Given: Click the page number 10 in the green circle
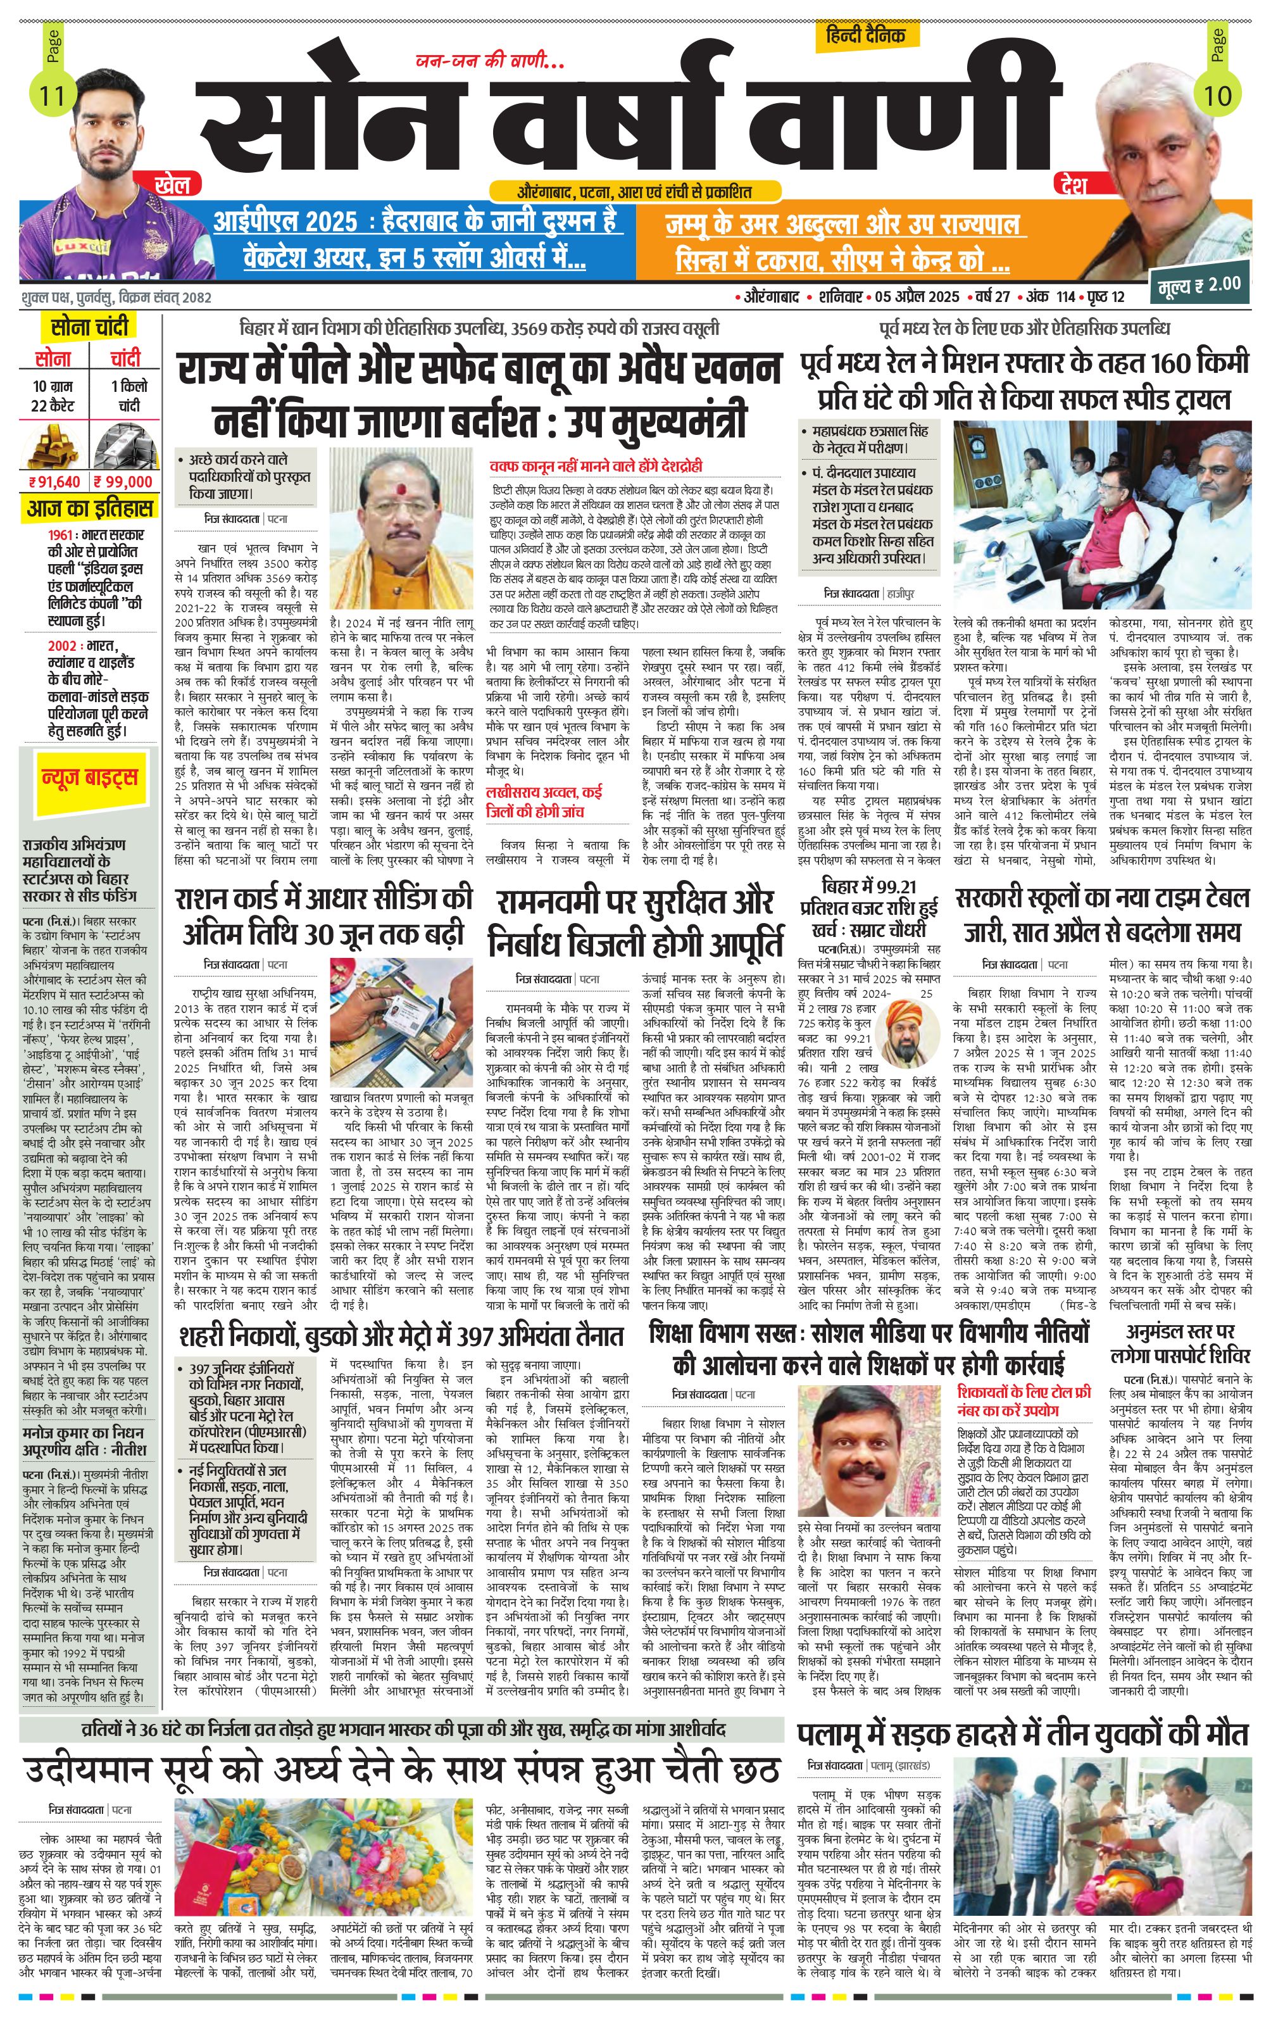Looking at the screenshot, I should coord(1217,95).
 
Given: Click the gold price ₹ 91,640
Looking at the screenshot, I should coord(54,481).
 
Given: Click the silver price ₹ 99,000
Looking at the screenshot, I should coord(124,481).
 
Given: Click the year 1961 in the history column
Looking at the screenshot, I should coord(63,534).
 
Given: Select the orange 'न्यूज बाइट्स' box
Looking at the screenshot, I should coord(89,778).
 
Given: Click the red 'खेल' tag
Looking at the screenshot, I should coord(172,184).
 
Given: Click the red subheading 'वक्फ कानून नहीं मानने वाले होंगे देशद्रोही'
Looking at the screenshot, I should coord(596,465).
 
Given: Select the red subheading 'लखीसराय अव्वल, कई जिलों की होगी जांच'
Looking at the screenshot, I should coord(545,801).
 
